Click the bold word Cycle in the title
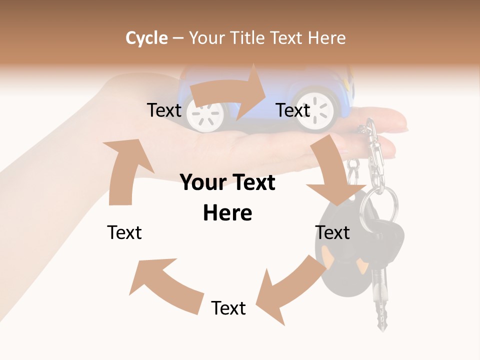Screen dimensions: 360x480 (146, 38)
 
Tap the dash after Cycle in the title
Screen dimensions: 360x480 (178, 38)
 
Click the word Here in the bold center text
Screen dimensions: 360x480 (227, 213)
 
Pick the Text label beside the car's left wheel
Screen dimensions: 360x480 (164, 110)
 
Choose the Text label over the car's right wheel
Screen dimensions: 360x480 (293, 110)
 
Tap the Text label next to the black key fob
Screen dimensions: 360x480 (332, 232)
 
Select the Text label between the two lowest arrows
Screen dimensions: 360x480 (228, 308)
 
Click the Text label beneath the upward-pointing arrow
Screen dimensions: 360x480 (124, 232)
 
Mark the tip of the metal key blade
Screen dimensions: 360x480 (382, 327)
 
